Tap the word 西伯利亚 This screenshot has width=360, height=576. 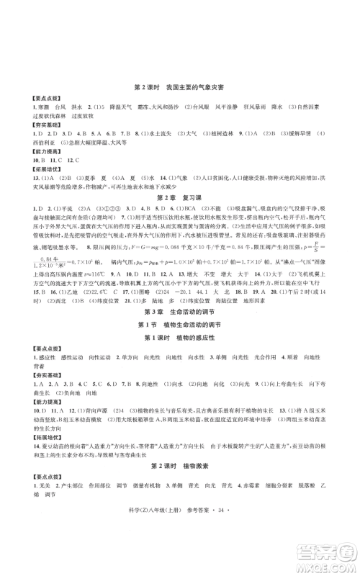point(34,143)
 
